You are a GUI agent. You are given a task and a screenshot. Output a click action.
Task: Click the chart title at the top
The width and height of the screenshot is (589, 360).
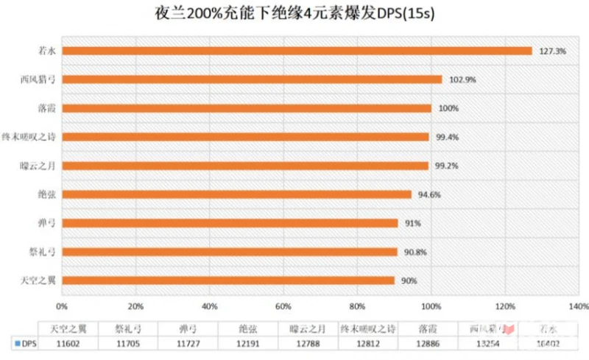[x=294, y=14]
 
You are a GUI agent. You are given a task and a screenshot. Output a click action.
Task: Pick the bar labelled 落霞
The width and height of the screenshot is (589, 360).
[x=247, y=108]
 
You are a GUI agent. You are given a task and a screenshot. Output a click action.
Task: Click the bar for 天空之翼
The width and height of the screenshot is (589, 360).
[x=228, y=280]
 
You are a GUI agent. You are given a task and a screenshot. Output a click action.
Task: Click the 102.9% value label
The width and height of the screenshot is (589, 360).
[x=461, y=80]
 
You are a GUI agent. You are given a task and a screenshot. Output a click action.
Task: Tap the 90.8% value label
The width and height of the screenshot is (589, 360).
[x=415, y=252]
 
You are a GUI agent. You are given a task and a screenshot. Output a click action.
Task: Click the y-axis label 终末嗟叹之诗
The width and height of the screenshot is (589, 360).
[x=29, y=137]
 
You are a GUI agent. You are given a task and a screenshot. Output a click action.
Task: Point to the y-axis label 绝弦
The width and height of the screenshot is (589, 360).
[x=46, y=194]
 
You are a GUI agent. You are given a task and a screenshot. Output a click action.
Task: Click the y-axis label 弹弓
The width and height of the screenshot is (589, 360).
[x=46, y=223]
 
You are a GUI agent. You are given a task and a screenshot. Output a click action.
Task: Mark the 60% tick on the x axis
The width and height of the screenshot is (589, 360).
[x=283, y=306]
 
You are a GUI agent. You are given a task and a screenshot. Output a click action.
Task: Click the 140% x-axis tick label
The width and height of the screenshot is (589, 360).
[x=578, y=306]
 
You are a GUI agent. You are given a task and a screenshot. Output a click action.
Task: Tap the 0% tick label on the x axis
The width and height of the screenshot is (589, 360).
[x=62, y=306]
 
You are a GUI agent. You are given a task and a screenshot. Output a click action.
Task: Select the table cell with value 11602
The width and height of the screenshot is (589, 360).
[x=68, y=343]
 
